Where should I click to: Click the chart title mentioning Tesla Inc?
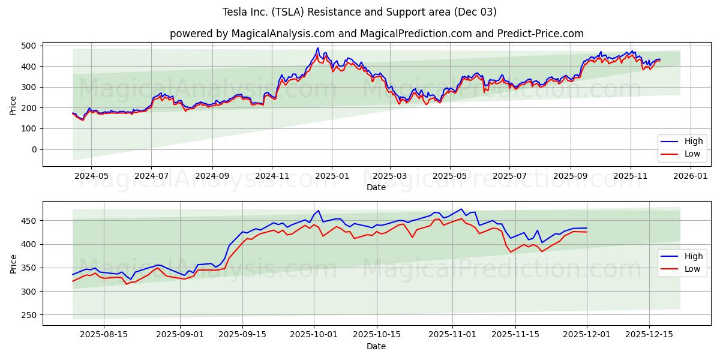coord(359,12)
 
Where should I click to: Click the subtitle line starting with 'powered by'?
coord(376,34)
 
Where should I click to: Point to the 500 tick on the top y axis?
coord(28,46)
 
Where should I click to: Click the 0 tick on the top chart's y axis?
coord(34,149)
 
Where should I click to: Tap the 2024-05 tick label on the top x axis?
coord(91,176)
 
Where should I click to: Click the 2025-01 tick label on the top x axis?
coord(332,176)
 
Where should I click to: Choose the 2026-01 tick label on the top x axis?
coord(691,176)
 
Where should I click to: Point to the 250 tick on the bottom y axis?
coord(28,315)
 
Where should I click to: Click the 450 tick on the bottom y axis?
coord(28,221)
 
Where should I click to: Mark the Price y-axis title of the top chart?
coord(13,105)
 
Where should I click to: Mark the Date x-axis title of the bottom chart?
coord(376,347)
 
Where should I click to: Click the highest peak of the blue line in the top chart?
coord(318,48)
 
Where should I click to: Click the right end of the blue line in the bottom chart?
coord(587,228)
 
